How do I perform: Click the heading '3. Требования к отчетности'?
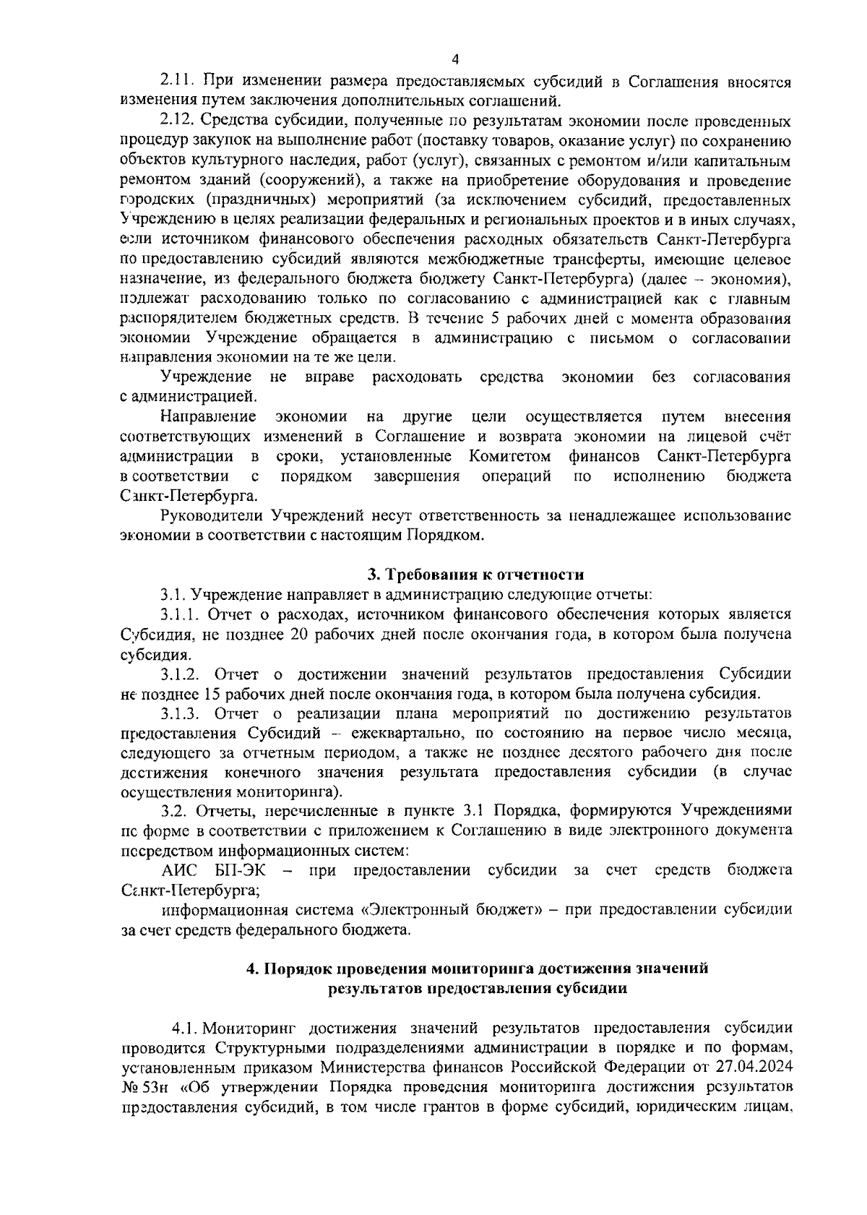click(x=474, y=575)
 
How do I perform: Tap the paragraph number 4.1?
click(x=186, y=1028)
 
